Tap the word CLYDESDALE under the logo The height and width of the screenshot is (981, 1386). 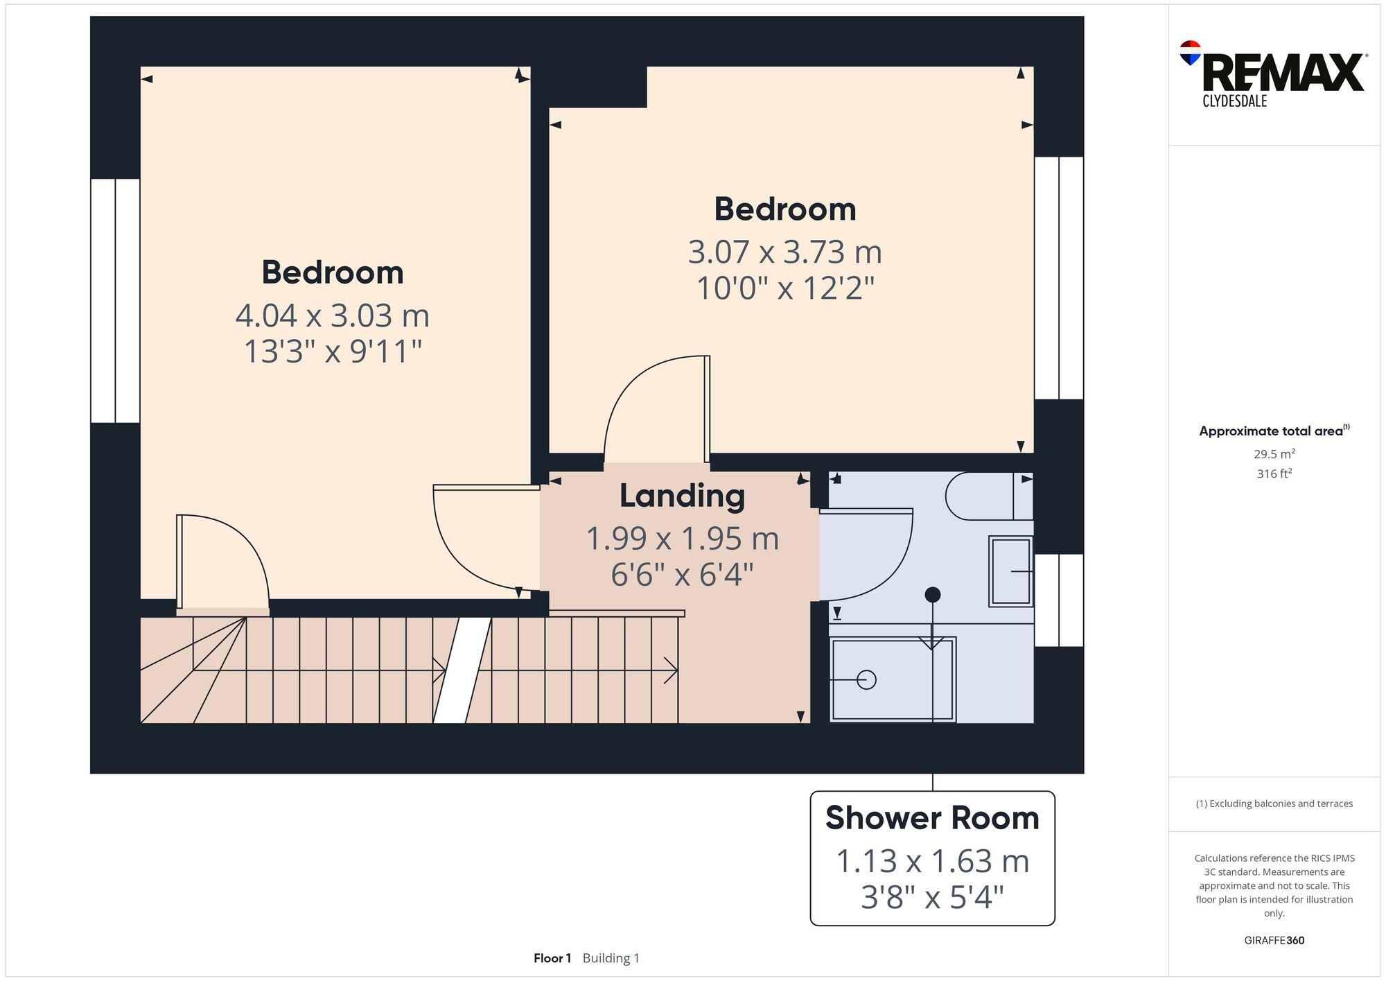1235,101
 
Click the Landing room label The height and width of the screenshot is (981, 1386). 683,496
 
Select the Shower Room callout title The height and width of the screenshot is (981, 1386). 932,818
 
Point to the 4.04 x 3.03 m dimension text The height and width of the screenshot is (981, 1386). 333,315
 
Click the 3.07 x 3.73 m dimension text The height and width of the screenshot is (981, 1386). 784,252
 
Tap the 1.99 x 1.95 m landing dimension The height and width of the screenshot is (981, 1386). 683,539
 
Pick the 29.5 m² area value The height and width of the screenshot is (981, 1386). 1274,454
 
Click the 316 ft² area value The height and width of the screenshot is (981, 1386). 1274,474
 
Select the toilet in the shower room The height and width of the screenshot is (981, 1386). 990,496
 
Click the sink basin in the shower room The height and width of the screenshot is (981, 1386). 1011,571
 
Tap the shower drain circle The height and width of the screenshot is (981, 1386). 866,679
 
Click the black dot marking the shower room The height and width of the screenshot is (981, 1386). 933,594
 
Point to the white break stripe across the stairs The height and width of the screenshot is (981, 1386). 462,670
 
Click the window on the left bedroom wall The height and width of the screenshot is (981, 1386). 115,301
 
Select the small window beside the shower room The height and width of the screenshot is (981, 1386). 1059,600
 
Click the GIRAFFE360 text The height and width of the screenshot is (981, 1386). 1274,940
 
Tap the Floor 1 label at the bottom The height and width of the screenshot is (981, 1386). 552,958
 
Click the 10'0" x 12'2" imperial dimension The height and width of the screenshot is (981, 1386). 785,288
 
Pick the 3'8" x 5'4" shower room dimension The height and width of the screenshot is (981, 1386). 932,897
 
